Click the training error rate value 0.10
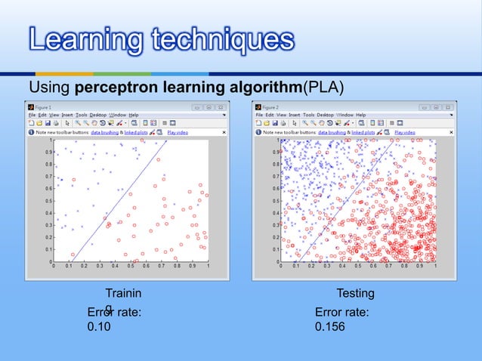click(98, 327)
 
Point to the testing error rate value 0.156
click(328, 327)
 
